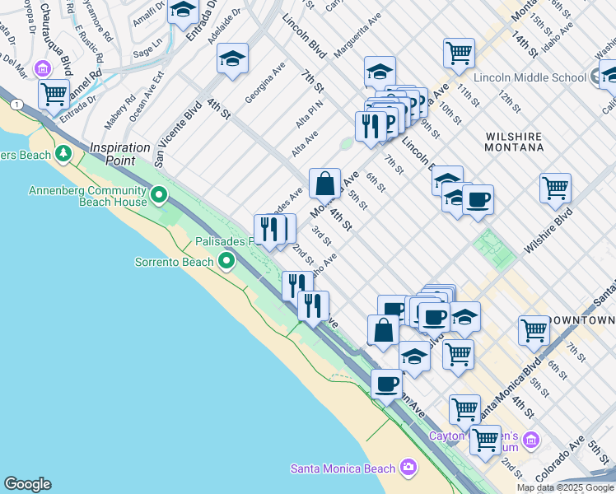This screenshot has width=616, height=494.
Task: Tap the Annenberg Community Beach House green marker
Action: [159, 196]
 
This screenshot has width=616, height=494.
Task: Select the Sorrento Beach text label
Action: [174, 263]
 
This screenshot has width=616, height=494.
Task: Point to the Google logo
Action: [27, 484]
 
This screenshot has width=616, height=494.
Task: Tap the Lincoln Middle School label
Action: [535, 77]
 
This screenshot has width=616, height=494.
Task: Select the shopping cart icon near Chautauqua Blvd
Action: [54, 94]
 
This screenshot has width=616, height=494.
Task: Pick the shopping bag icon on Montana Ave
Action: [325, 183]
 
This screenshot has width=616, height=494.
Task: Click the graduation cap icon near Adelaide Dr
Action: [233, 58]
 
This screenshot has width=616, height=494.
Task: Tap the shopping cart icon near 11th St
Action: [459, 54]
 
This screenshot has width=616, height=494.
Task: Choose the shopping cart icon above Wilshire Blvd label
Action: [556, 187]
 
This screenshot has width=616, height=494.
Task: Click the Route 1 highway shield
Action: [16, 104]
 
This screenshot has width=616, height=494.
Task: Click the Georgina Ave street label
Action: [264, 82]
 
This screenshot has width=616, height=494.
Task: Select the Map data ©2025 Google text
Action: [564, 487]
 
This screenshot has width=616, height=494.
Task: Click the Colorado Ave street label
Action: [560, 460]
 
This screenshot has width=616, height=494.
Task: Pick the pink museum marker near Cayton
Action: [532, 440]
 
